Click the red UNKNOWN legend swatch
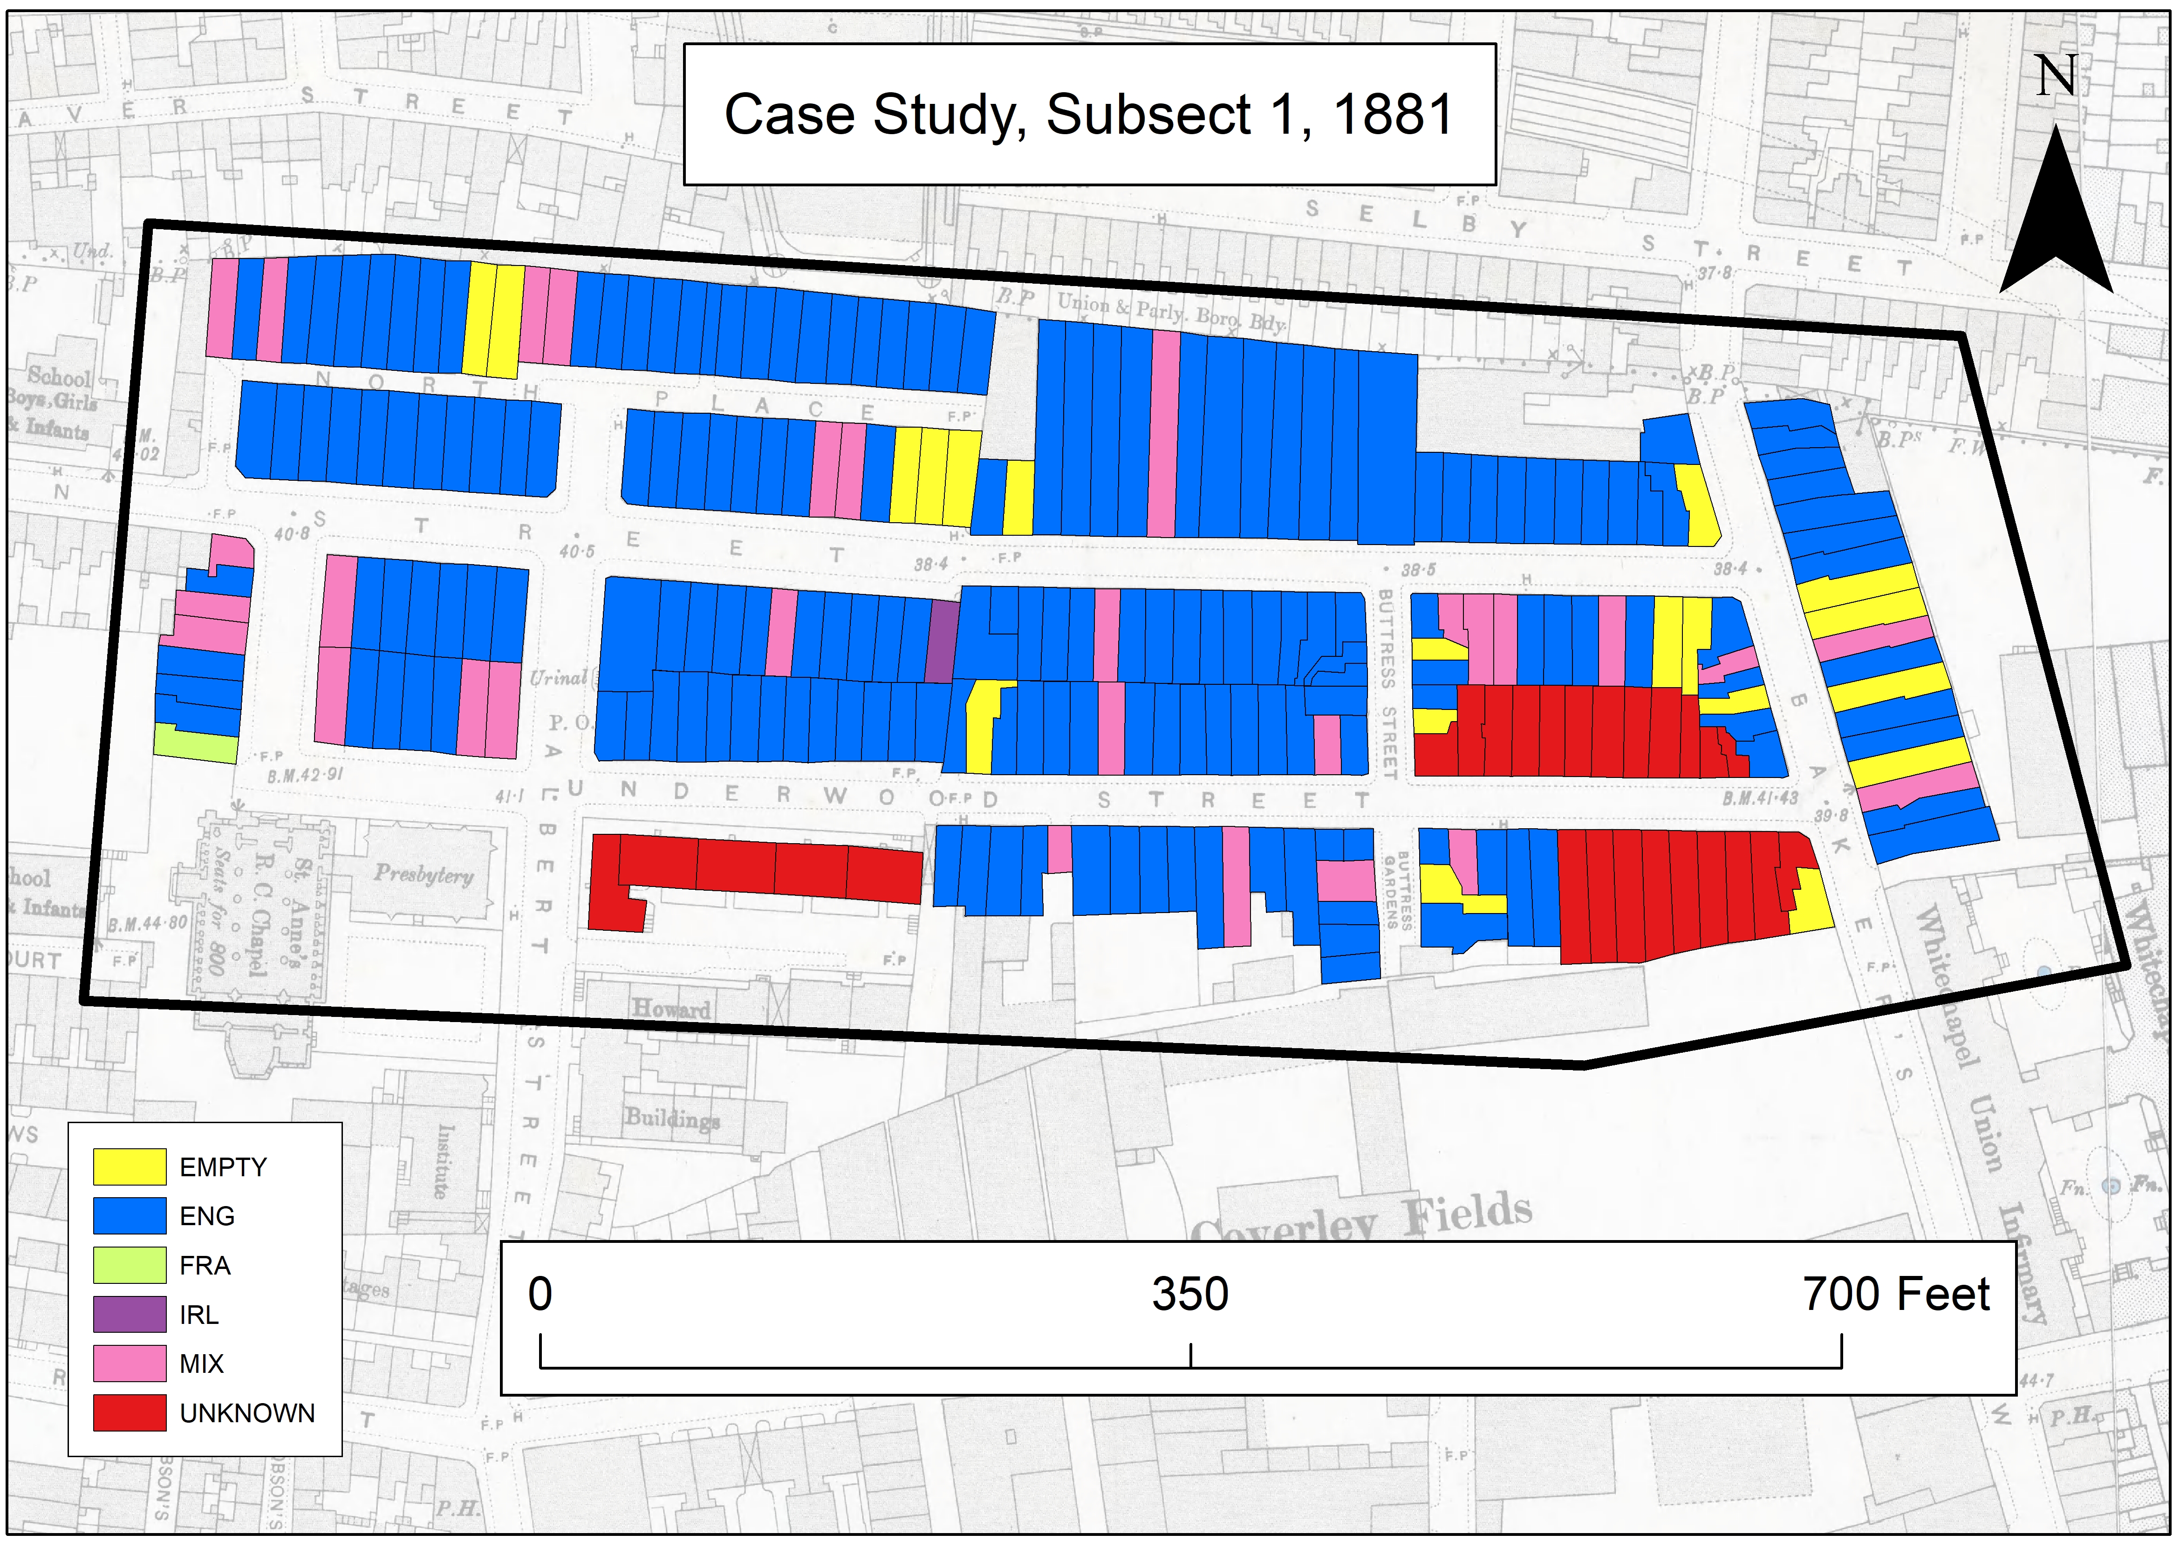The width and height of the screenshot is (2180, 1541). point(129,1413)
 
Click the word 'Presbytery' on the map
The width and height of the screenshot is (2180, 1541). point(424,873)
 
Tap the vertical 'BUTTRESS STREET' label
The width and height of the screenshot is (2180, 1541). point(1387,684)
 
